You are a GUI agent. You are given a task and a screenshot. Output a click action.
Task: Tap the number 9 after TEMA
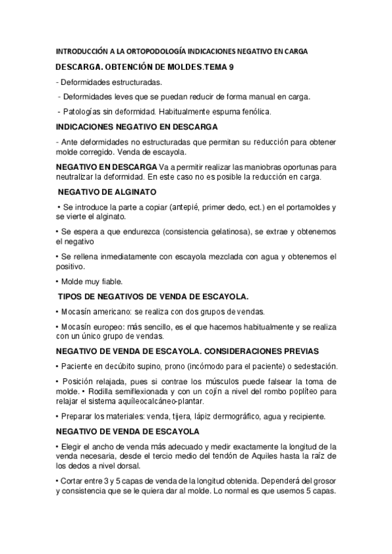click(x=232, y=67)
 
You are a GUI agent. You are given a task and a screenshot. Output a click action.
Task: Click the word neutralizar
click(x=78, y=176)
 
